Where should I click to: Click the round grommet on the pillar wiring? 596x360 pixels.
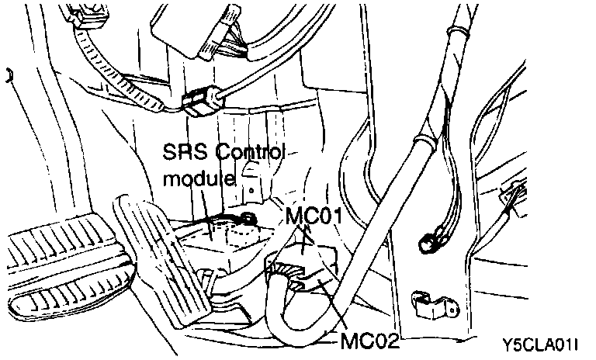coord(425,242)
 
